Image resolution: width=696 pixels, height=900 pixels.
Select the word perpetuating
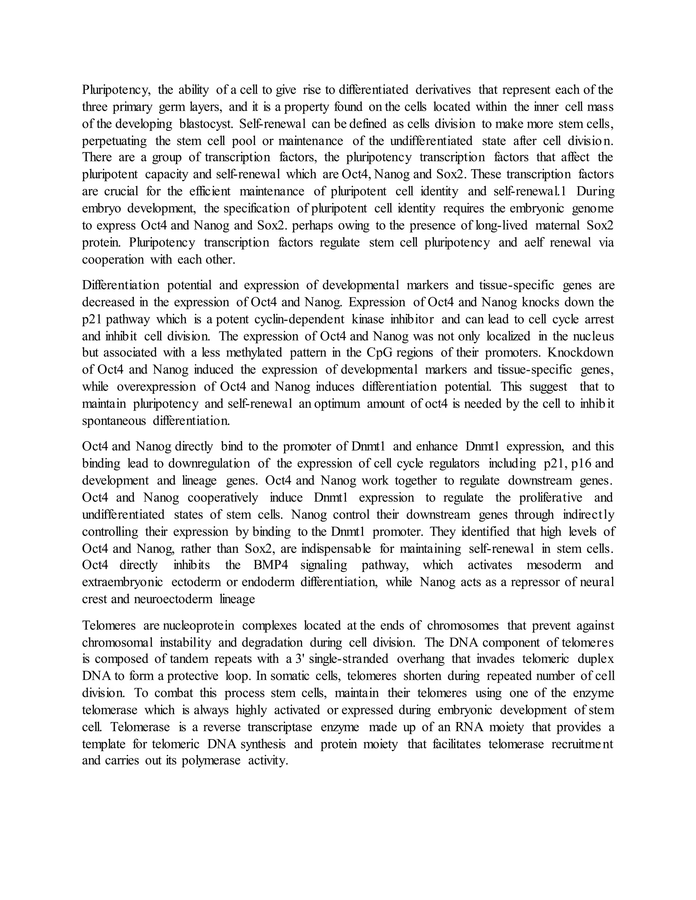coord(114,141)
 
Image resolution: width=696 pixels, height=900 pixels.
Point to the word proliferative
coord(551,498)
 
